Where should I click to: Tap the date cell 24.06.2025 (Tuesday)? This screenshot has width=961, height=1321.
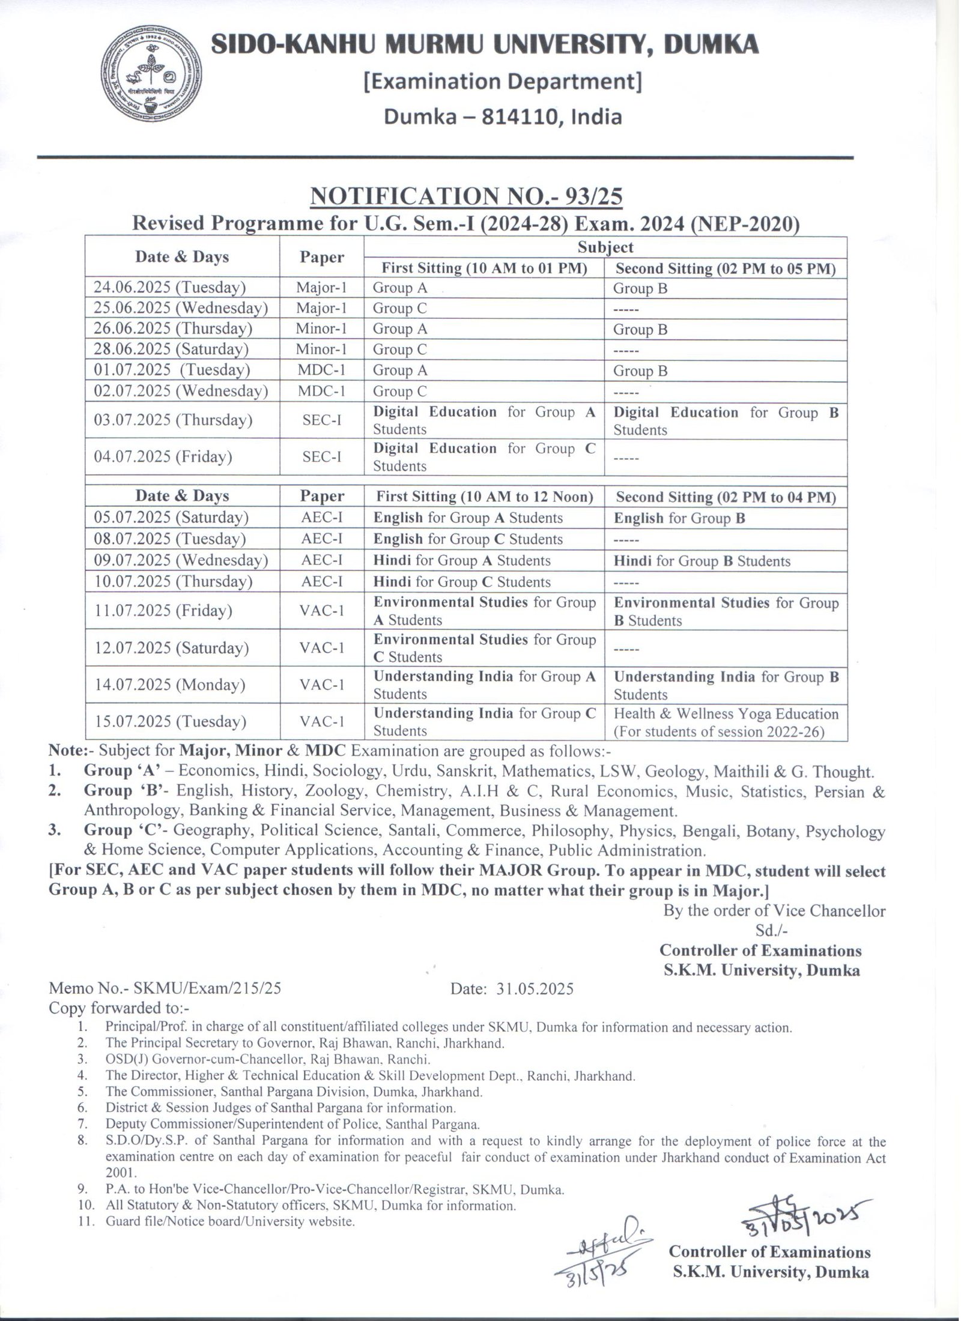tap(170, 288)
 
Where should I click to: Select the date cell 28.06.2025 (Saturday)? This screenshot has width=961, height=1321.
tap(171, 349)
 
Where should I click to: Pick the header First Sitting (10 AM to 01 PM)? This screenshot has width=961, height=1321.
tap(484, 268)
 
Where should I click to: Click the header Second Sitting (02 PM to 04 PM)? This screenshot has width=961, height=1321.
tap(726, 497)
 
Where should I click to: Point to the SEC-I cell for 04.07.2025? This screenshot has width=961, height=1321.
tap(321, 457)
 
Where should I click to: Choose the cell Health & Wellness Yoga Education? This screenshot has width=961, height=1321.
tap(726, 715)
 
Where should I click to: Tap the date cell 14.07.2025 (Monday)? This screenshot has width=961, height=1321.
tap(169, 685)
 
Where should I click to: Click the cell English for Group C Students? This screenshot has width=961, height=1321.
tap(468, 539)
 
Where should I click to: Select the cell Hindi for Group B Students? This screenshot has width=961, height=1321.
tap(702, 561)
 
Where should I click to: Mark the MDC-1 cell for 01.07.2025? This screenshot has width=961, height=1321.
tap(321, 370)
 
